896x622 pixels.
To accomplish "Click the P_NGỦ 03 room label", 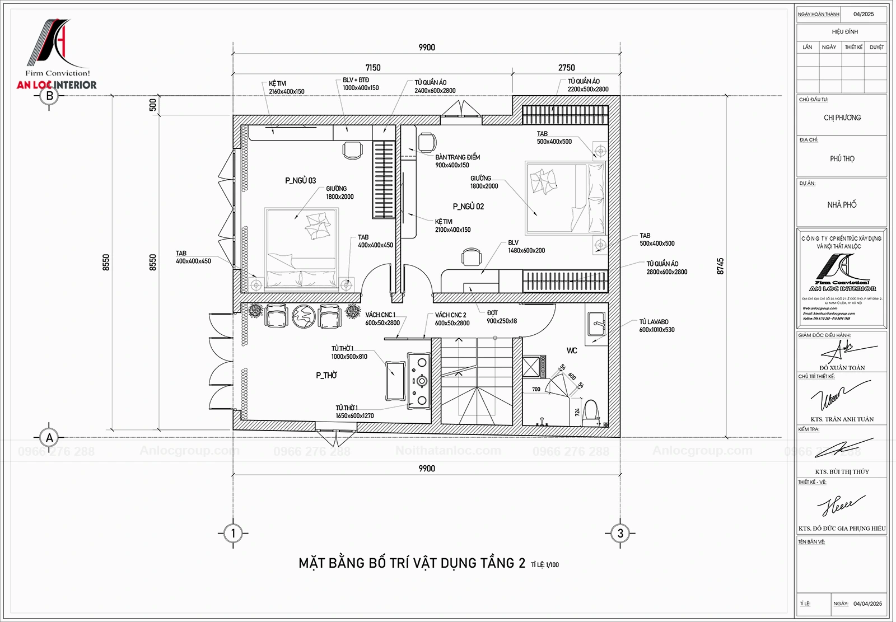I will (x=300, y=180).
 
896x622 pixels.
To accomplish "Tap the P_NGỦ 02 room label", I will (x=468, y=207).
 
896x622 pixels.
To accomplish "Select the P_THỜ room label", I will (x=326, y=375).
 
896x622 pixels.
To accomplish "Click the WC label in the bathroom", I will (x=571, y=350).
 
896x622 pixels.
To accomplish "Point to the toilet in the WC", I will (x=591, y=412).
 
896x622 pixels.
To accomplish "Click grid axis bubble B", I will (x=49, y=96).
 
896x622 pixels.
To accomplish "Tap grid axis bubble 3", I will (x=620, y=533).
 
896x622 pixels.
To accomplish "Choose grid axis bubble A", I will (x=49, y=438).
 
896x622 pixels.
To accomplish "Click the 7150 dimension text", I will (x=373, y=68).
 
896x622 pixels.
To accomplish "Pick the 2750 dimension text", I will (x=566, y=68).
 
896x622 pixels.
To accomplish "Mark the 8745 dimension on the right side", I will (x=720, y=266).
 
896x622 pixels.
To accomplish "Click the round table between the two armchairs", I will (x=304, y=316).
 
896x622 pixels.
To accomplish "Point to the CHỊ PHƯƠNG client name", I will (x=842, y=118).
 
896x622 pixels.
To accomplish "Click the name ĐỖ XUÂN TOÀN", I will (x=842, y=368).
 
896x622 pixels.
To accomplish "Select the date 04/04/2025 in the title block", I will (x=867, y=604).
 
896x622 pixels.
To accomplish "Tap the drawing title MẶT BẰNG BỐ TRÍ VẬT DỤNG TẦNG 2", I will (x=412, y=563).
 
